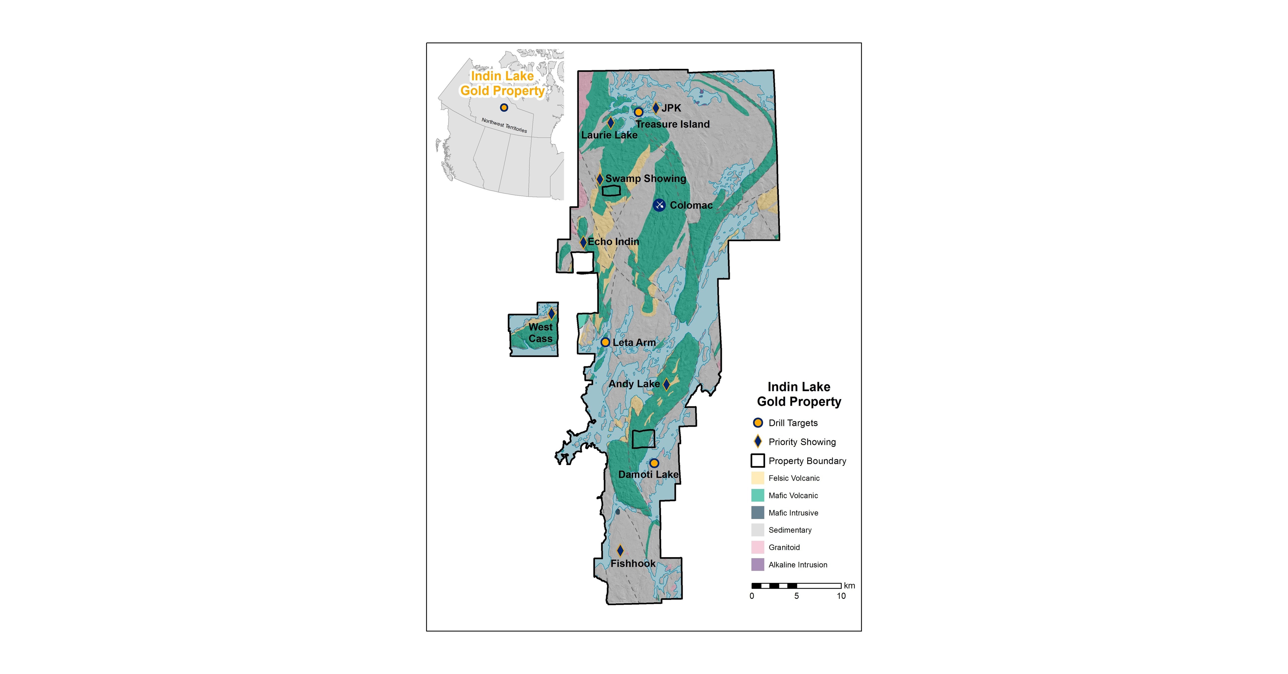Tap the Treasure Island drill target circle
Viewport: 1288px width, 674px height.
pos(638,112)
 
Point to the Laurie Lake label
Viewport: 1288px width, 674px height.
pos(609,135)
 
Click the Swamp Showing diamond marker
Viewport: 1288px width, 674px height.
pos(599,179)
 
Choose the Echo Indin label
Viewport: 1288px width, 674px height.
pos(613,241)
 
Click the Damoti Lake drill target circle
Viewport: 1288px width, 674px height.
pos(654,463)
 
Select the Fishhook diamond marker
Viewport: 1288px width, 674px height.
pos(620,550)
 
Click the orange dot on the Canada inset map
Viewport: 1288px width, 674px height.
pos(504,107)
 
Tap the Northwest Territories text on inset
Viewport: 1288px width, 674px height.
pos(504,125)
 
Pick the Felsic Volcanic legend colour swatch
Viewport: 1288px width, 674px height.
pos(758,478)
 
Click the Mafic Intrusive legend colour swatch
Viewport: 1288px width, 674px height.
pos(758,512)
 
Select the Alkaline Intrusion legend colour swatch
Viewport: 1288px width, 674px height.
pos(758,565)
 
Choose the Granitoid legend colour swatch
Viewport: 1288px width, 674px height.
pos(758,547)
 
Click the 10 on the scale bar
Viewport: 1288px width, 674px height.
pos(841,596)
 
